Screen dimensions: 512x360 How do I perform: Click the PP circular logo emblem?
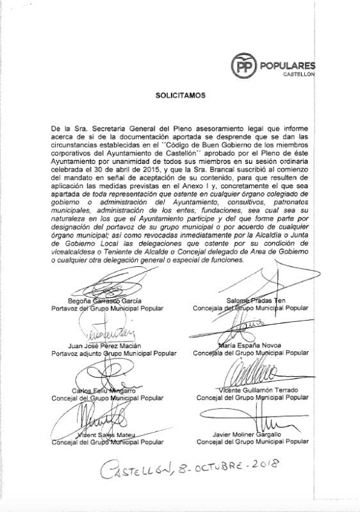[244, 65]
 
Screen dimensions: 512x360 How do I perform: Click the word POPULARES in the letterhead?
[288, 65]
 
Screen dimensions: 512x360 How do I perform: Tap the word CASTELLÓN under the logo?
[299, 76]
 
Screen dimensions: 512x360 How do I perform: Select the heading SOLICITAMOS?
[180, 96]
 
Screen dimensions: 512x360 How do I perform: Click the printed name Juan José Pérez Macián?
[107, 346]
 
